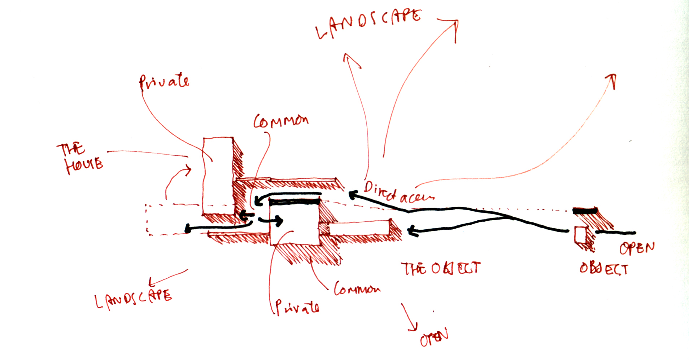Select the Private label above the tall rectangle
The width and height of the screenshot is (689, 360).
pos(164,82)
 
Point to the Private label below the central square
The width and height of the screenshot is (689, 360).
pos(297,307)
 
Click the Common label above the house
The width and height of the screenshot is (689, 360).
pos(281,121)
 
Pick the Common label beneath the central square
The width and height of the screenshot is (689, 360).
pos(357,289)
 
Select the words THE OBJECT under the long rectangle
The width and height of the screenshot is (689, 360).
pos(440,269)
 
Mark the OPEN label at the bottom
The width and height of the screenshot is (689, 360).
pos(434,337)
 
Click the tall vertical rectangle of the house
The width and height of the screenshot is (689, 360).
pos(217,175)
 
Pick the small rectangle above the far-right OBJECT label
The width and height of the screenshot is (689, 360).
pos(580,234)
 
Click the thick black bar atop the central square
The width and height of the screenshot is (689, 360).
pos(295,201)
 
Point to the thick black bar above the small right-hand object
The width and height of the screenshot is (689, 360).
pos(585,211)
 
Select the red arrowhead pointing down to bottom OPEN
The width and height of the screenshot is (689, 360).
pos(413,327)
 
